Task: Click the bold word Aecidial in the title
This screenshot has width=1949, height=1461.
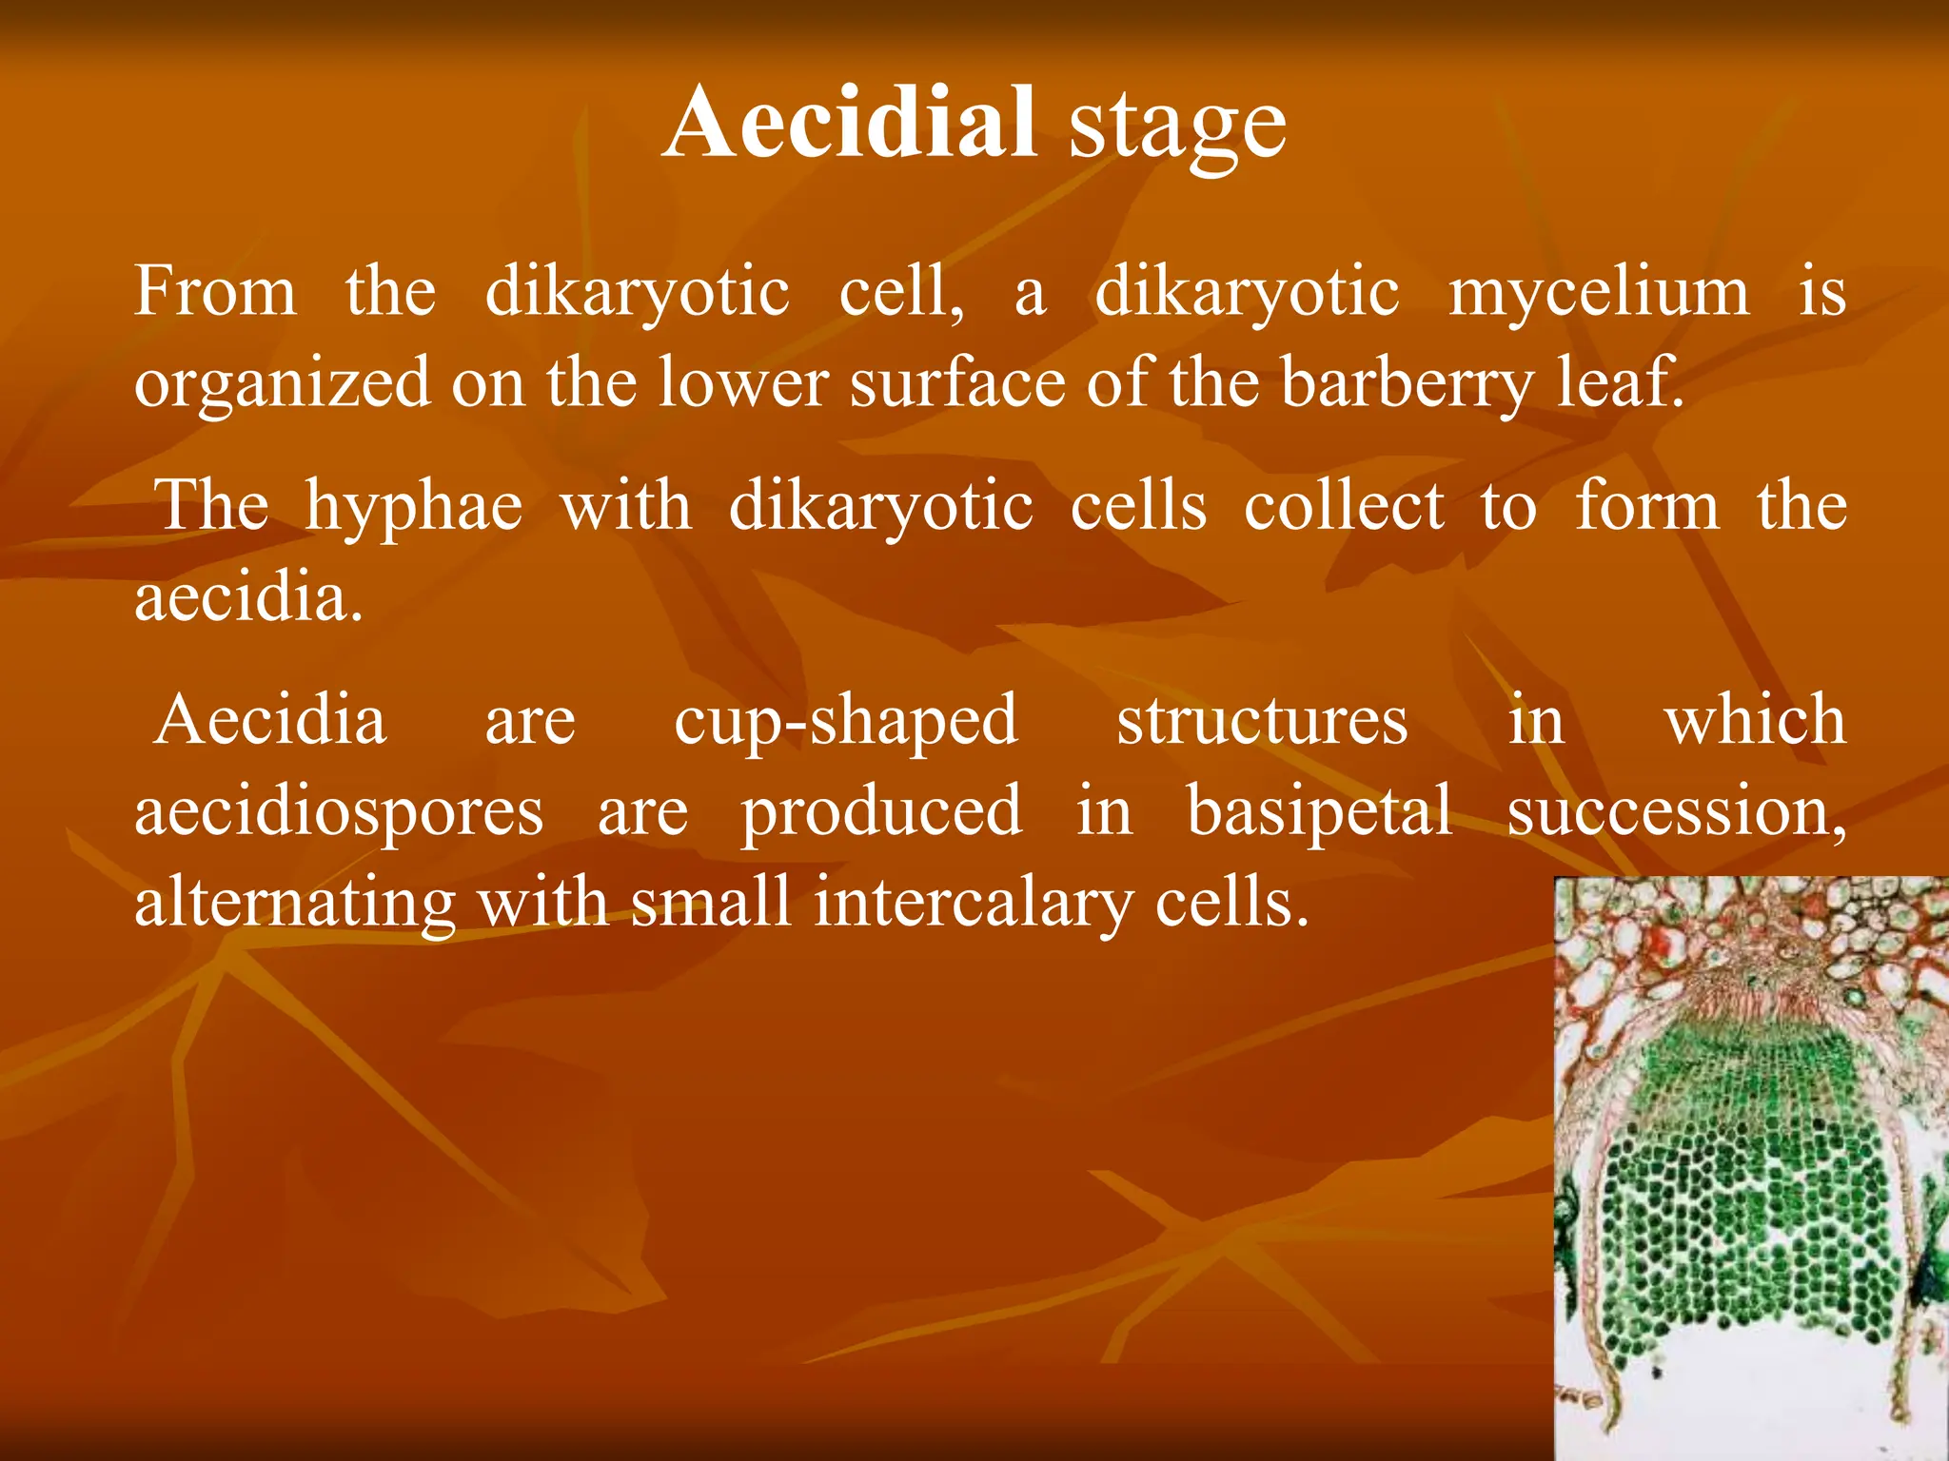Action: point(850,124)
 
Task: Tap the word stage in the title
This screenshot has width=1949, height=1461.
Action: point(1177,128)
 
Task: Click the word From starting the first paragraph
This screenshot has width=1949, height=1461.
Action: point(215,291)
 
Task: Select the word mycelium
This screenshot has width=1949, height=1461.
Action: point(1599,293)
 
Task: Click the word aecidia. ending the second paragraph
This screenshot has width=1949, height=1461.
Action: point(248,598)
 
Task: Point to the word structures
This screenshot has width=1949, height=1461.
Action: point(1262,721)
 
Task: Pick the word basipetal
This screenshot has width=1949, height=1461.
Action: point(1320,811)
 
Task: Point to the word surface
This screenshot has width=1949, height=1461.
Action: point(957,383)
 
